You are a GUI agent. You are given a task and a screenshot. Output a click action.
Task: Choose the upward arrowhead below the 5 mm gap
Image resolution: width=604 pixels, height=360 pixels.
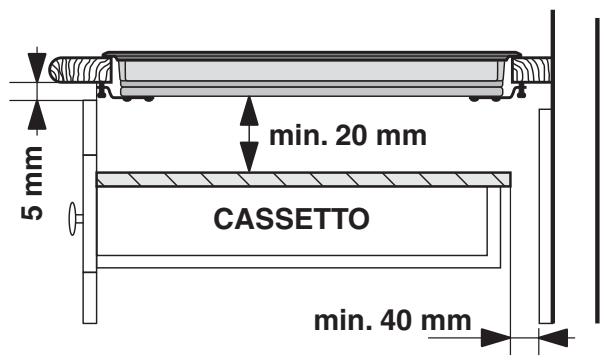(x=38, y=108)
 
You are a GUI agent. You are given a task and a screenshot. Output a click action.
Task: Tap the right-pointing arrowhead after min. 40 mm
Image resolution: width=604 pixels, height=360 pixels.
(x=496, y=335)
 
